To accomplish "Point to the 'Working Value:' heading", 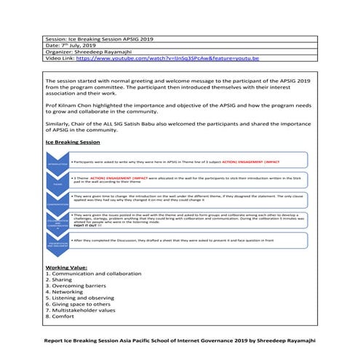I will (x=65, y=268).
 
